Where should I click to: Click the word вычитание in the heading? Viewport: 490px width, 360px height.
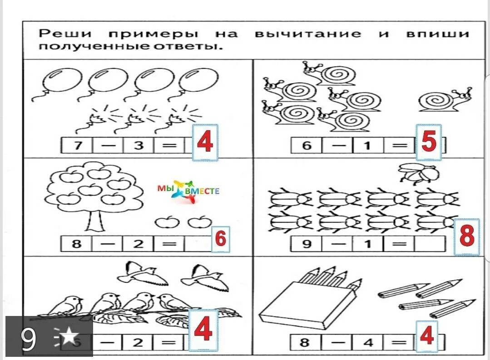point(308,34)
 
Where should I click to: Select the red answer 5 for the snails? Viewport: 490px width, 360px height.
point(429,143)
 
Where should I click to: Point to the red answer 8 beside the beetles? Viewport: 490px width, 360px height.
point(466,237)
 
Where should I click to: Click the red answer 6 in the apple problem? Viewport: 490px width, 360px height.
point(220,239)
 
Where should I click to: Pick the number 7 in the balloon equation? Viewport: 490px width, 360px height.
point(76,146)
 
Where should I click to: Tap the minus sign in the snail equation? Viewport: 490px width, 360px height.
point(337,146)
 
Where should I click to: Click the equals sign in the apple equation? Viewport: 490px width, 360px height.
point(169,244)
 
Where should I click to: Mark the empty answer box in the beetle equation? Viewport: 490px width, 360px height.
point(430,244)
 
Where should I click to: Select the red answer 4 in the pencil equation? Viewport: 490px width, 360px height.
point(426,336)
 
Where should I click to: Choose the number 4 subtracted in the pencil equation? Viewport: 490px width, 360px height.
point(368,342)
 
